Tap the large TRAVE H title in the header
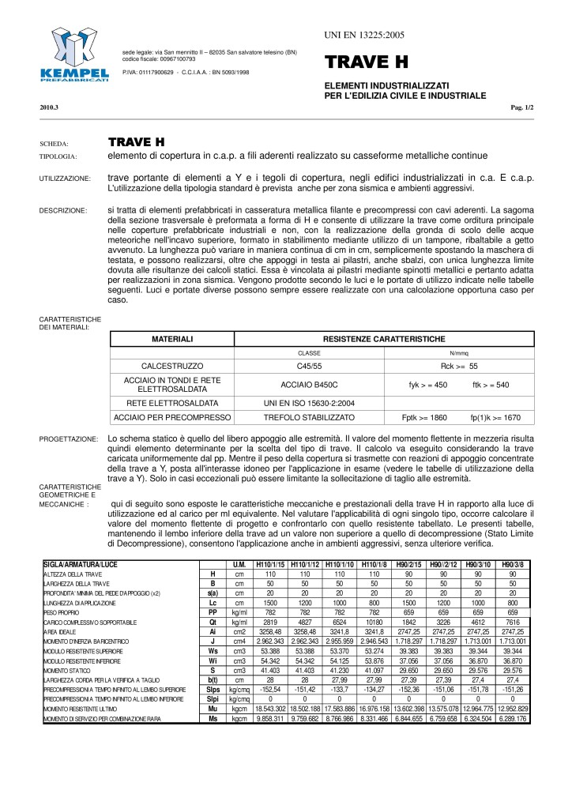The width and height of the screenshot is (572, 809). point(364,62)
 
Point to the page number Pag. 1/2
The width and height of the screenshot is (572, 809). point(523,107)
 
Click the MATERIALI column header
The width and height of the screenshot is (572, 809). point(172,338)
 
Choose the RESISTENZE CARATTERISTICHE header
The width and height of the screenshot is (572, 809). point(383,338)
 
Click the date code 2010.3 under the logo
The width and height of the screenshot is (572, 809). point(48,107)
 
